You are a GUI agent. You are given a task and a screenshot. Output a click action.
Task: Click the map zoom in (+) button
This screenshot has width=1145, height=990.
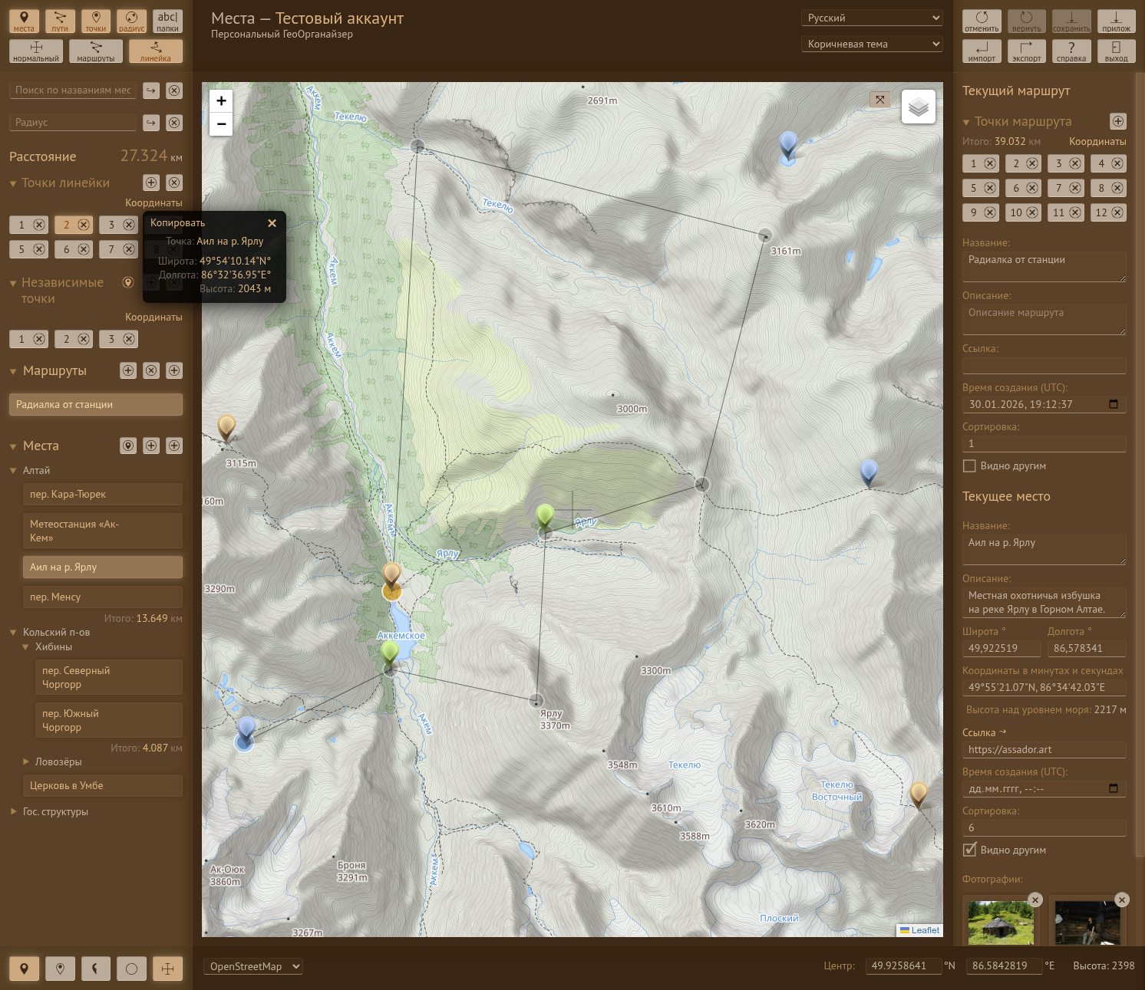(221, 100)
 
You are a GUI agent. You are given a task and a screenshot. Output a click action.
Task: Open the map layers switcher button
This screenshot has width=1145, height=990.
(919, 107)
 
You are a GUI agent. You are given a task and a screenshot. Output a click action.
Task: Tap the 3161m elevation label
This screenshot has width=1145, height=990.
(785, 251)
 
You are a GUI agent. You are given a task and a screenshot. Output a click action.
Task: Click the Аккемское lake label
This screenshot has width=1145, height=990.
(401, 636)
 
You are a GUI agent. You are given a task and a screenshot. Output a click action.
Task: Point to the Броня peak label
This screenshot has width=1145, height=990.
(351, 865)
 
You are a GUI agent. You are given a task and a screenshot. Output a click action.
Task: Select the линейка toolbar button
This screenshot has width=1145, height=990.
(156, 51)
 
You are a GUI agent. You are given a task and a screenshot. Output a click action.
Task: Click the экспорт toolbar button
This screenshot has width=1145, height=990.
(1026, 51)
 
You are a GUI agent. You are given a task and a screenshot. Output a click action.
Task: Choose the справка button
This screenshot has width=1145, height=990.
(1071, 51)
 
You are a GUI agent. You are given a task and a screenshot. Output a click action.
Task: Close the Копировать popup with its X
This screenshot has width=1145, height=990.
(272, 223)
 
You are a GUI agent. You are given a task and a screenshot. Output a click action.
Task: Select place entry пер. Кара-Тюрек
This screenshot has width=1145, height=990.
(103, 495)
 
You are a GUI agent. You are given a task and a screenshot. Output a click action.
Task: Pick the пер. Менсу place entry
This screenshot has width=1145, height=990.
(103, 597)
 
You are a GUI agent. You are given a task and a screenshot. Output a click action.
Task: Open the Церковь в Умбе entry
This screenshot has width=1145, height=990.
(103, 786)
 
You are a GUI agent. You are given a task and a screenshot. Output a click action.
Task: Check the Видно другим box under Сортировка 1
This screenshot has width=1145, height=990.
(969, 466)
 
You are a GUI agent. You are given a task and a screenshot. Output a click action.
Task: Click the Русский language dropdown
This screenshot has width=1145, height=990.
(872, 18)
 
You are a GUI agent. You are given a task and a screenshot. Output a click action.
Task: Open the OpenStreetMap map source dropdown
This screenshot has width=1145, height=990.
(253, 966)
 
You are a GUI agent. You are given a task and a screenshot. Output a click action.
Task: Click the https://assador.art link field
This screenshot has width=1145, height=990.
(1044, 750)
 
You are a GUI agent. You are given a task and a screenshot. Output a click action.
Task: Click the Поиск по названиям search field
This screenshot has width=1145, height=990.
(73, 90)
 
